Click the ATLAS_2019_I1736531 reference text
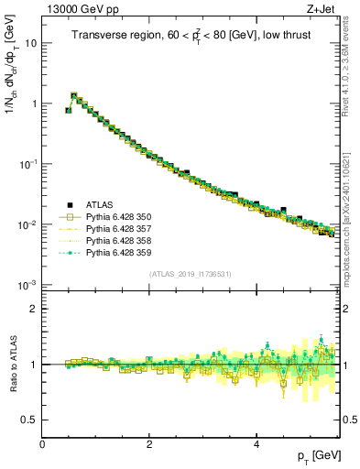pos(190,275)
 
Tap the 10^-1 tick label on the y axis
pos(27,163)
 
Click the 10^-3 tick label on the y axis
pos(27,284)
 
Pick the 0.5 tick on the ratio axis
pos(29,420)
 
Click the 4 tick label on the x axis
pos(256,444)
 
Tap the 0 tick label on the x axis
pos(42,444)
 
